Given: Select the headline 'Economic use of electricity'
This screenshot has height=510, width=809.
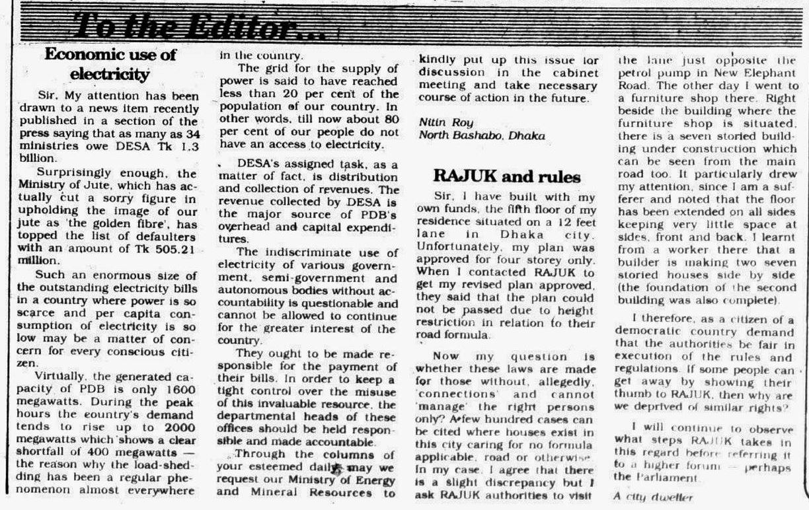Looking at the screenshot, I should coord(110,63).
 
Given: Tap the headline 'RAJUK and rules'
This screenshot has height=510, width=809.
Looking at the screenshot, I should coord(507,176).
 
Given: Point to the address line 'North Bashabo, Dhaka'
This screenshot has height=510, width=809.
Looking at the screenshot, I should coord(482,136).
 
